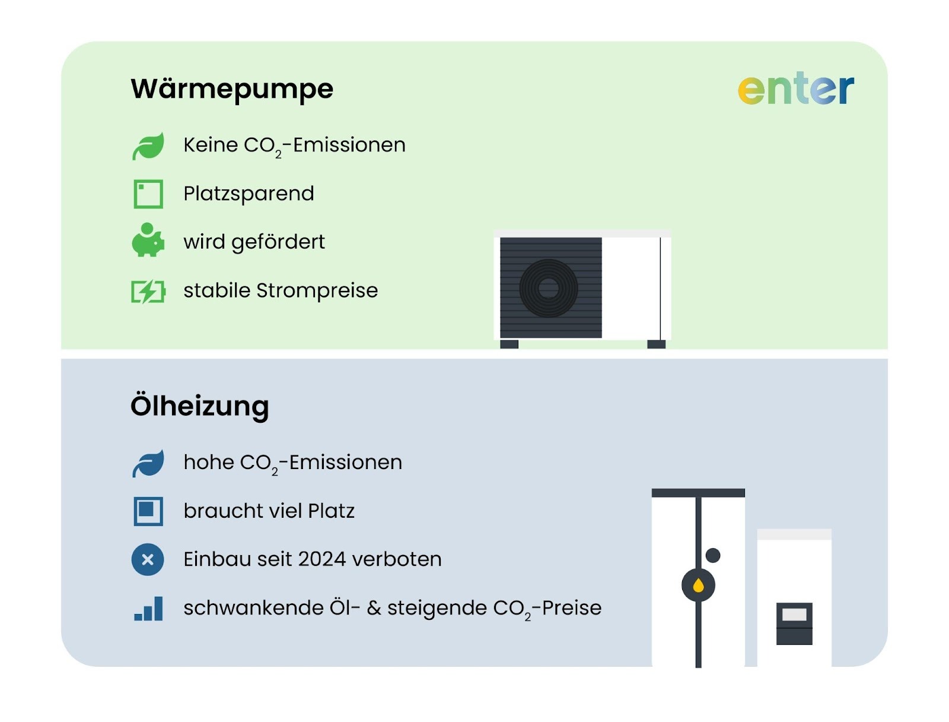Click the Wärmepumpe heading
click(x=232, y=89)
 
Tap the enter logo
click(x=795, y=89)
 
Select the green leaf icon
click(x=148, y=146)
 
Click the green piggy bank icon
click(x=148, y=240)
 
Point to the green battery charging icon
click(x=148, y=292)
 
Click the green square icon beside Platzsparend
click(x=148, y=194)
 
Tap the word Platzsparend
click(x=249, y=194)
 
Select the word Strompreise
click(x=317, y=291)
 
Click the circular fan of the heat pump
click(x=549, y=289)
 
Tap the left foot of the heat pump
click(x=509, y=344)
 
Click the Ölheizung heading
click(x=200, y=407)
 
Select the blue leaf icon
click(x=148, y=463)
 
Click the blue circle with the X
click(x=148, y=559)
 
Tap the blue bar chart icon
click(x=148, y=609)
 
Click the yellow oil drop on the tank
click(x=698, y=586)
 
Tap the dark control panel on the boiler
click(x=794, y=623)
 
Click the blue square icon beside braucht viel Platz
click(x=148, y=511)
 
